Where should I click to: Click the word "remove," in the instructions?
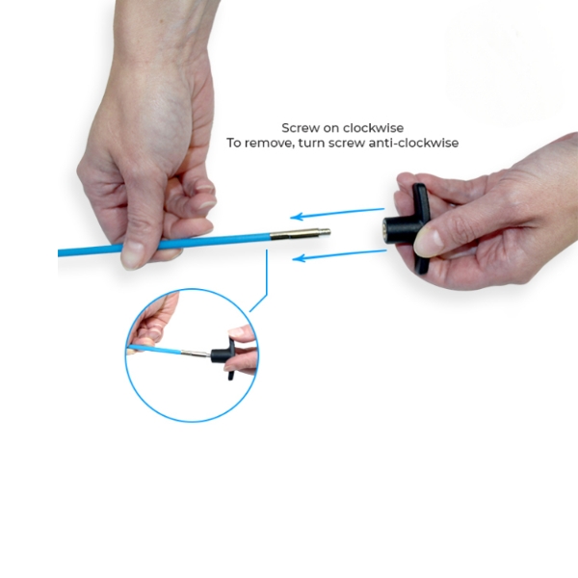269,143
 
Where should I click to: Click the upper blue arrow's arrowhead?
297,217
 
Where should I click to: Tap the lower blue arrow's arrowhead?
299,258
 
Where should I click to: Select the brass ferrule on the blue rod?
295,234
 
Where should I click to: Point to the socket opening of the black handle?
385,231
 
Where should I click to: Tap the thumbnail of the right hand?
428,243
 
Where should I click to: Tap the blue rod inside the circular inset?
154,349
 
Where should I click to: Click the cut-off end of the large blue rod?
59,252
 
